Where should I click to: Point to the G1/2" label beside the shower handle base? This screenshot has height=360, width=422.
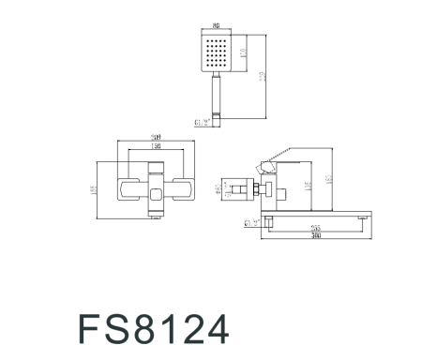[201, 120]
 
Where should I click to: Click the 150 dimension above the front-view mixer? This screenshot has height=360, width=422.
[155, 147]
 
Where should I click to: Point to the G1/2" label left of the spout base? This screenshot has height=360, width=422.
[250, 223]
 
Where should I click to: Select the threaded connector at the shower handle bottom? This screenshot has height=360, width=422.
[219, 118]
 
